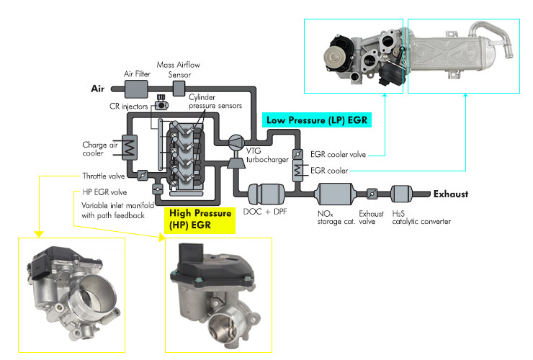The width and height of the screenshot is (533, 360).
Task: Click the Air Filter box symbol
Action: tap(136, 89)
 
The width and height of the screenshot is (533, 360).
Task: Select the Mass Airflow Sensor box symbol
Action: tap(179, 89)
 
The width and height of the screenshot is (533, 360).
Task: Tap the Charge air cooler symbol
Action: tap(130, 148)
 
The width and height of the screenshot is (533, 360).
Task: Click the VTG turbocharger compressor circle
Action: tap(236, 142)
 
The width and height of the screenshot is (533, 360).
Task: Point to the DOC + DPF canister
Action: tap(266, 194)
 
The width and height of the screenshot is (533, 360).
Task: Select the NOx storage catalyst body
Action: tap(334, 194)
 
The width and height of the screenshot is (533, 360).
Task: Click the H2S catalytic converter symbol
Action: tap(401, 194)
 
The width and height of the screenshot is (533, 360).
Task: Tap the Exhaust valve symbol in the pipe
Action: tap(372, 194)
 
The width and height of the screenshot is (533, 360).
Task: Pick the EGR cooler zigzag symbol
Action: tap(297, 171)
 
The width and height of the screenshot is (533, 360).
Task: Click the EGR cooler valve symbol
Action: tap(297, 154)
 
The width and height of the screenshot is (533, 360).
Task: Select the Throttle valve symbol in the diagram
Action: tap(143, 176)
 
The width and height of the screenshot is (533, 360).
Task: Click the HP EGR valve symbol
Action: tap(158, 189)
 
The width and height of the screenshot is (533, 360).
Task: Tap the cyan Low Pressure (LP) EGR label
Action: tap(317, 120)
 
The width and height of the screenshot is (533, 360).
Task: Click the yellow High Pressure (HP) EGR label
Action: tap(200, 220)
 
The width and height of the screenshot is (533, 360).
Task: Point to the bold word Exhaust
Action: tap(451, 194)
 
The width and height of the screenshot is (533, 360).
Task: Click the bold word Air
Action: tap(97, 89)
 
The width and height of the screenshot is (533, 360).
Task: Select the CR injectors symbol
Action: tap(161, 104)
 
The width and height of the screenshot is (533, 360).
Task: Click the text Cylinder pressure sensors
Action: tap(215, 102)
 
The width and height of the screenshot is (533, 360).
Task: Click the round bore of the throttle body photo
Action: tap(97, 292)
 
